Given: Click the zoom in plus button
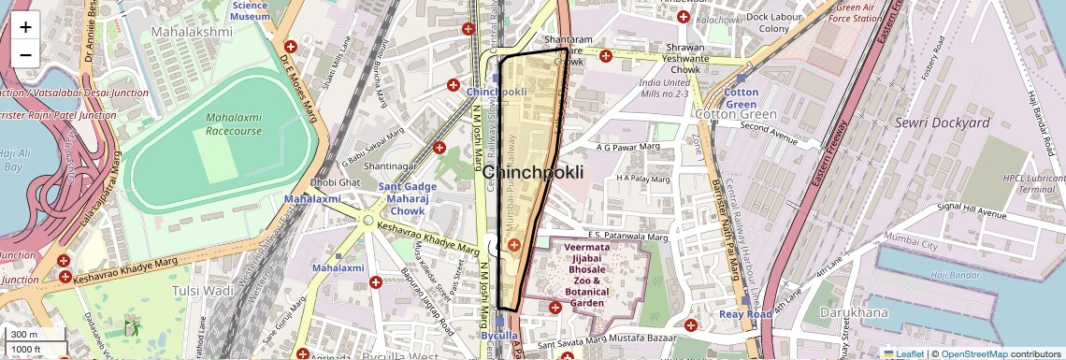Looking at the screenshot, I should point(25,27).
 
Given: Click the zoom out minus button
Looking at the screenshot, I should point(25,54).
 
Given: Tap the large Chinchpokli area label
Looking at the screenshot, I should point(533,173).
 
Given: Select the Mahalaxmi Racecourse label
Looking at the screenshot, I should point(234,124).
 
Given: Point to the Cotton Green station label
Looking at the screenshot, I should point(741,98).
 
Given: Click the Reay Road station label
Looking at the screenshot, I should point(745,314).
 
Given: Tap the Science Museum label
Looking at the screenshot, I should point(250,10).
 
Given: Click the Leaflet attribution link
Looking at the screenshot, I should point(904,353).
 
